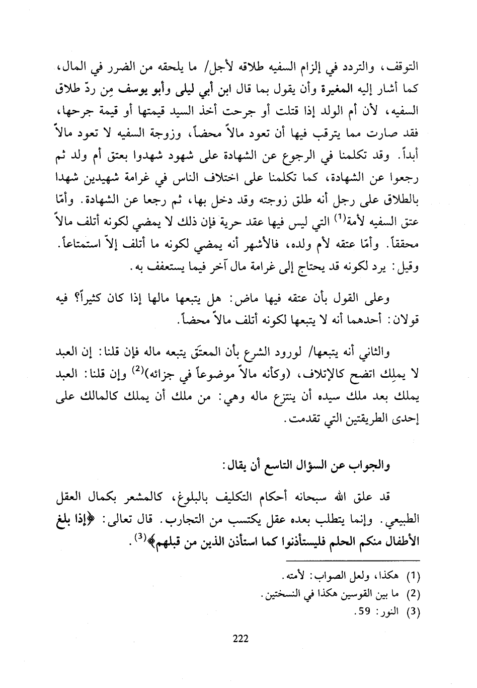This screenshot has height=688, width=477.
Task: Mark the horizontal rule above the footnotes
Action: [352, 561]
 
